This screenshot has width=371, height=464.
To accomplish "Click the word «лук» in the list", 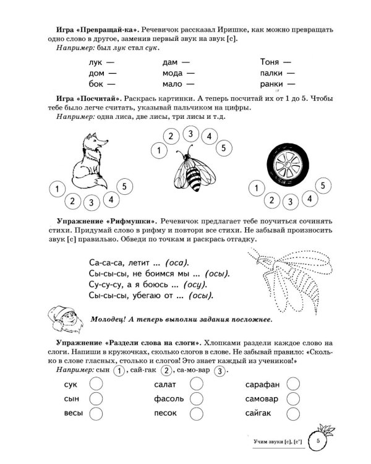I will coord(80,62).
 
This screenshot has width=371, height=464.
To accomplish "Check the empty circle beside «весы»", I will coord(96,413).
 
